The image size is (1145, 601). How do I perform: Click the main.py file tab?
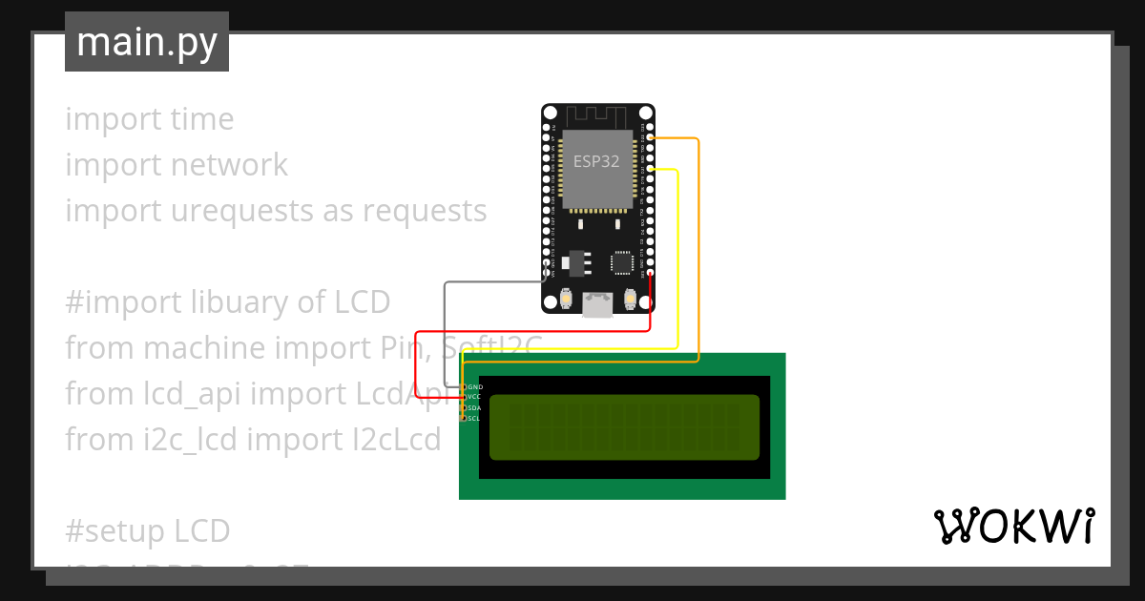coord(147,42)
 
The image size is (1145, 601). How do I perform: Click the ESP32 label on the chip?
coord(596,161)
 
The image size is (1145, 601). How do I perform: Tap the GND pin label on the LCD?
coord(475,387)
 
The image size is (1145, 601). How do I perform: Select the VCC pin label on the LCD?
coord(475,397)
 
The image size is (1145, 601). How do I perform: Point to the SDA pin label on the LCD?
coord(475,407)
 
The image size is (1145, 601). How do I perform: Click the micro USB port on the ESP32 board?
coord(598,305)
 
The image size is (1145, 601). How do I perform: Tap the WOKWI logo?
coord(1013,526)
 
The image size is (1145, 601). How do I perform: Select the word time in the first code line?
coord(202,119)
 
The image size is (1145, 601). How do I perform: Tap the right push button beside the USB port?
coord(630,300)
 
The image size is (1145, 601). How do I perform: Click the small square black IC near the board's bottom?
coord(621,261)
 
